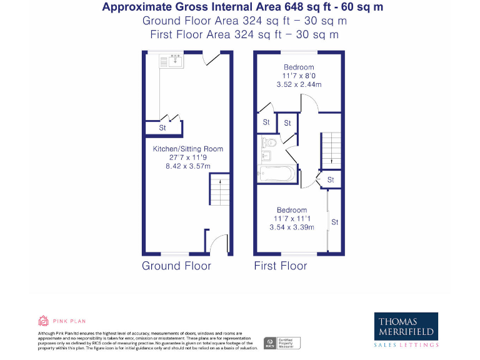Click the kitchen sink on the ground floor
pyautogui.click(x=171, y=61)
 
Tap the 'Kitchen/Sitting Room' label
pyautogui.click(x=188, y=149)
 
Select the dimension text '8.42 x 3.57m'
pyautogui.click(x=188, y=166)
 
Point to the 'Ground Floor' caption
pyautogui.click(x=176, y=266)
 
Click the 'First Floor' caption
pyautogui.click(x=281, y=266)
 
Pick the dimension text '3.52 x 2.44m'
pyautogui.click(x=299, y=84)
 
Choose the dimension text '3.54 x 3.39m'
pyautogui.click(x=291, y=227)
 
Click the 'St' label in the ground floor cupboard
pyautogui.click(x=162, y=128)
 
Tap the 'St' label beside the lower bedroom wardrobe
pyautogui.click(x=335, y=222)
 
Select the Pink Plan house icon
pyautogui.click(x=44, y=321)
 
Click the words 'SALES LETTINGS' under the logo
pyautogui.click(x=406, y=345)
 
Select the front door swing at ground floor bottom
pyautogui.click(x=219, y=244)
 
